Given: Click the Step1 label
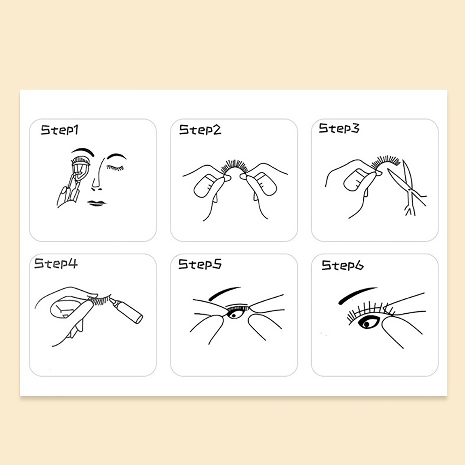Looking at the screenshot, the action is (60, 130).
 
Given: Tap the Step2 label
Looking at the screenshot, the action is (200, 130).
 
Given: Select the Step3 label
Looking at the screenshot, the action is (339, 128).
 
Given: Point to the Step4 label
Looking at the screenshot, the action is (56, 263).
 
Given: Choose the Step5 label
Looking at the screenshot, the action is (200, 264).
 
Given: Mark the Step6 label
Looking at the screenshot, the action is (342, 265).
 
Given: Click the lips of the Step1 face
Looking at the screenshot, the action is (96, 203).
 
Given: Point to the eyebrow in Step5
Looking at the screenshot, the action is (225, 293).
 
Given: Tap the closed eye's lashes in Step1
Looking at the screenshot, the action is (115, 168).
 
